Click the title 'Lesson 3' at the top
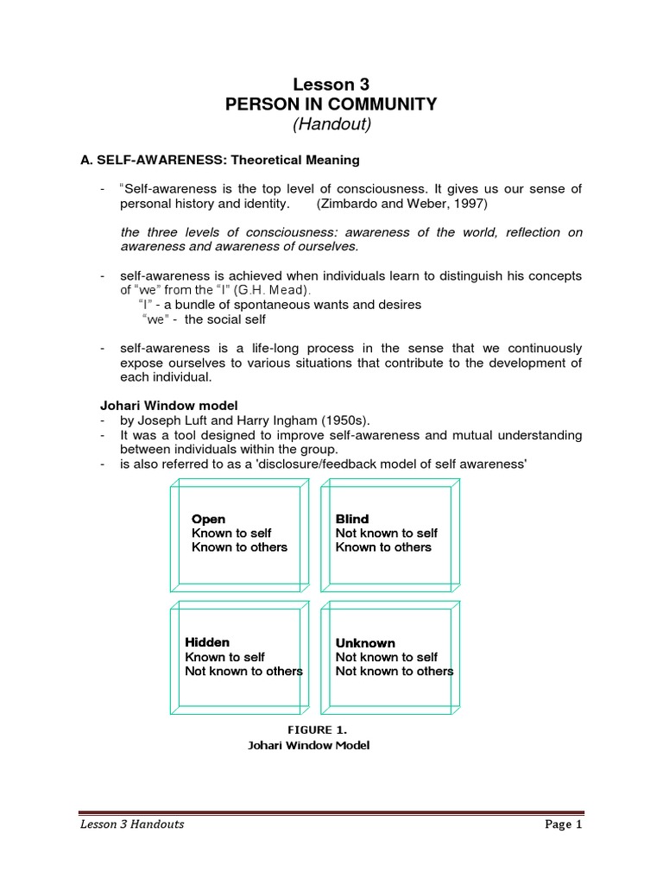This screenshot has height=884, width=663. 331,85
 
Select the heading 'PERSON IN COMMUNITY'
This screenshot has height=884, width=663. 331,104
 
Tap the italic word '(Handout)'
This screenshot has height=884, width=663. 331,125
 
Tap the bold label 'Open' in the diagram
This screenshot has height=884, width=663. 208,519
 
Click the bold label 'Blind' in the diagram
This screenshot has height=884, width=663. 352,519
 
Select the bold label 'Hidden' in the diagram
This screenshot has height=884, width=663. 207,642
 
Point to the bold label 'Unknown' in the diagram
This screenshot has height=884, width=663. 365,643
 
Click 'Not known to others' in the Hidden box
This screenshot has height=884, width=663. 243,671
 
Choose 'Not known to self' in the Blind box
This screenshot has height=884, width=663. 387,533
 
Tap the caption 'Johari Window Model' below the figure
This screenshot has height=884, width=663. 308,746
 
